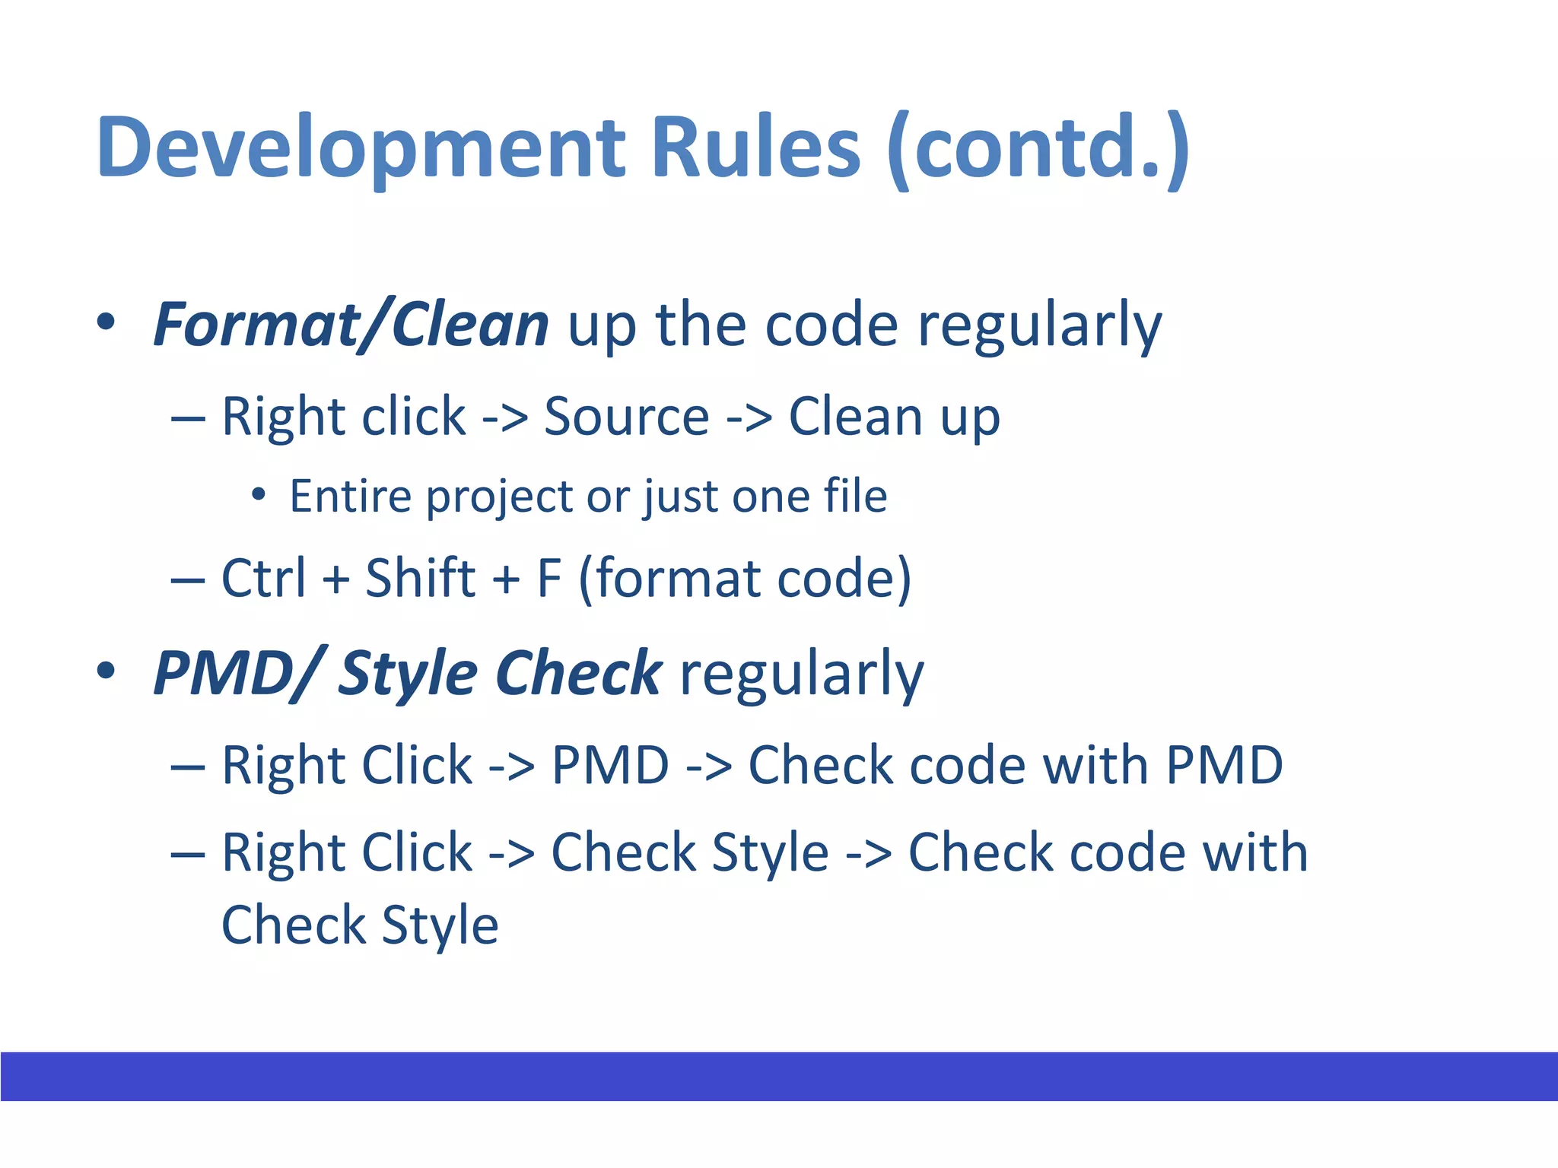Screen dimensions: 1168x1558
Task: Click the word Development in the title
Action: point(361,148)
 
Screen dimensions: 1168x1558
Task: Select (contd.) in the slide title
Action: point(1038,148)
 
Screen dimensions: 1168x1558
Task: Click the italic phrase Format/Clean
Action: point(351,325)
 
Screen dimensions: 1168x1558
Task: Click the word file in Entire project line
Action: point(855,497)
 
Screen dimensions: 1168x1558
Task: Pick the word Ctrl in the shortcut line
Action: point(263,578)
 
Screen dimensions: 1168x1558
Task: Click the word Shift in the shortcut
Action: point(421,578)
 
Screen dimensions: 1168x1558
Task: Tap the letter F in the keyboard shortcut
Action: point(549,578)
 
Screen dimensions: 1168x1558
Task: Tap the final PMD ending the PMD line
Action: point(1224,765)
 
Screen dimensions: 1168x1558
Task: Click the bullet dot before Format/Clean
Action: point(106,322)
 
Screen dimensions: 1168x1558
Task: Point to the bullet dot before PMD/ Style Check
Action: point(106,671)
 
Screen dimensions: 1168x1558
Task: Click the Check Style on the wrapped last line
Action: point(360,925)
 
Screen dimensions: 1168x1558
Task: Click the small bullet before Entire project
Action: point(259,495)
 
